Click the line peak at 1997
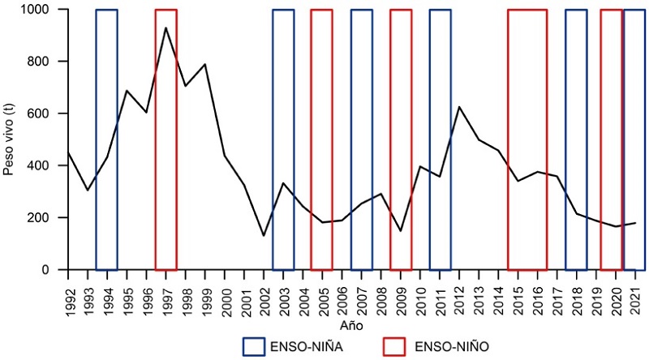(165, 28)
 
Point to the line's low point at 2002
(264, 236)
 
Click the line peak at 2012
(459, 106)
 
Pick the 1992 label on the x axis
(68, 294)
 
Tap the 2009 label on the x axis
(401, 294)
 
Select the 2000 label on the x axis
(225, 294)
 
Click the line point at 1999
(205, 64)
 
